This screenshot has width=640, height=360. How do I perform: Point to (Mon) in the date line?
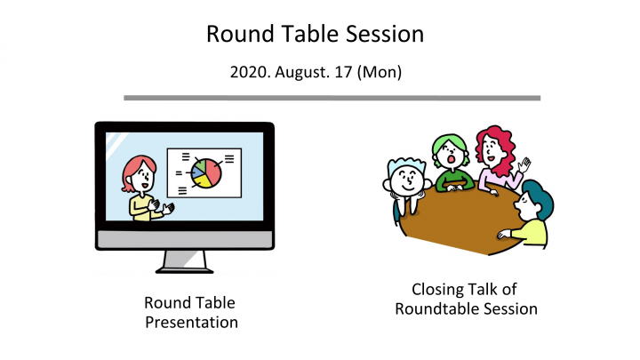point(380,71)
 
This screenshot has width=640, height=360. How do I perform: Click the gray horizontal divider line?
point(331,98)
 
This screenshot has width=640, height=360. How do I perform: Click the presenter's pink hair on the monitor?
point(137,168)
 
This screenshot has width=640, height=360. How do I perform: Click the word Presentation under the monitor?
point(191,322)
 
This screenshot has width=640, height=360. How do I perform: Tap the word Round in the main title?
point(235,34)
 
